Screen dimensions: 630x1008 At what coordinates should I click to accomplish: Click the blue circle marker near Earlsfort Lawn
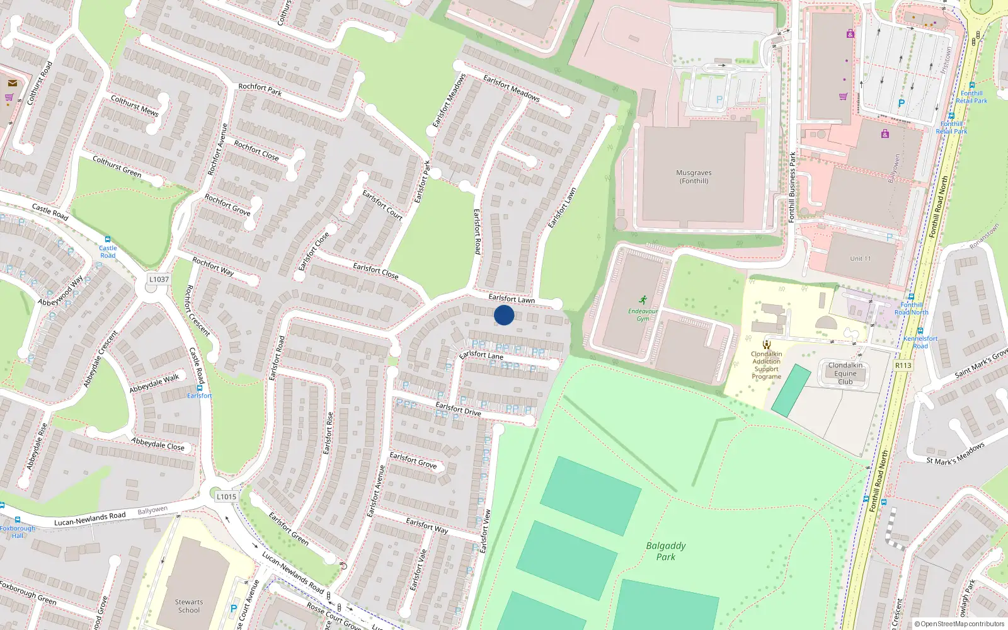[504, 315]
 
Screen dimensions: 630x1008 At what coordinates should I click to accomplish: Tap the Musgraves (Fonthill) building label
[694, 176]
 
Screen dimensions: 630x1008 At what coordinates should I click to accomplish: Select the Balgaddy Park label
[666, 551]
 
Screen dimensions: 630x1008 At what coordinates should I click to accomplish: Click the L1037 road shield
[159, 279]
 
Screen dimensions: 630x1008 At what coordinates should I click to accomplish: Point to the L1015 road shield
[226, 496]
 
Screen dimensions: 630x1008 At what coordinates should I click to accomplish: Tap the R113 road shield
[903, 365]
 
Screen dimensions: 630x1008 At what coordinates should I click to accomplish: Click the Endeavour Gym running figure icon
[643, 301]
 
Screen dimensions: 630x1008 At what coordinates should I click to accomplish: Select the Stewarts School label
[189, 606]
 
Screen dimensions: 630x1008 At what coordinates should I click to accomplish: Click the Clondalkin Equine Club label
[845, 374]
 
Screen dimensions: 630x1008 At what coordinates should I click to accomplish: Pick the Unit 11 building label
[860, 258]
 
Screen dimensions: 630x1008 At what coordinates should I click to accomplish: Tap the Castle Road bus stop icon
[108, 240]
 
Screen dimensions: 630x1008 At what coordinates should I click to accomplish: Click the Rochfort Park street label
[260, 89]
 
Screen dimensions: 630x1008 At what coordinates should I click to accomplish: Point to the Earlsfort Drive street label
[458, 409]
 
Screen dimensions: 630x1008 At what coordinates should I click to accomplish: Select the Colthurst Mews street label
[134, 105]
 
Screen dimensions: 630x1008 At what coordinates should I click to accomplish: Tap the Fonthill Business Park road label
[792, 187]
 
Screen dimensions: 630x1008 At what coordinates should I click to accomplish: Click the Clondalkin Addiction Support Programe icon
[766, 344]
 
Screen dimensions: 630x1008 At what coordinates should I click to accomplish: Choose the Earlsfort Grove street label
[413, 461]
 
